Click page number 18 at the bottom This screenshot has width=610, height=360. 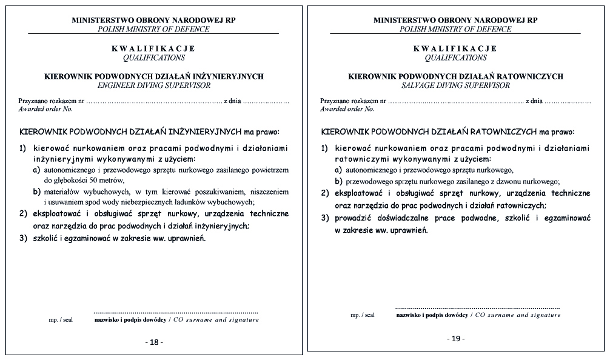pos(154,342)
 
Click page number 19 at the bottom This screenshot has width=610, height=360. pos(455,338)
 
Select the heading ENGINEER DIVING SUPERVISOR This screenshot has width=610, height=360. pos(153,85)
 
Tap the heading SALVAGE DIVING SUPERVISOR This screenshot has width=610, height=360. pos(455,85)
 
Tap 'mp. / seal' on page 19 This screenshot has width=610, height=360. pos(362,315)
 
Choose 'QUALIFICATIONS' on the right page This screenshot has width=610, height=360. pos(455,58)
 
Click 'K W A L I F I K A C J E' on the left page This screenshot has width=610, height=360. pos(153,48)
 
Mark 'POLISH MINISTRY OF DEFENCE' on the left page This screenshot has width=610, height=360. pos(153,28)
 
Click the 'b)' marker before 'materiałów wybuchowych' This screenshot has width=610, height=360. pos(36,192)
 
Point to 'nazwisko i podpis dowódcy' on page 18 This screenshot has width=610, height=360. pos(129,319)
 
